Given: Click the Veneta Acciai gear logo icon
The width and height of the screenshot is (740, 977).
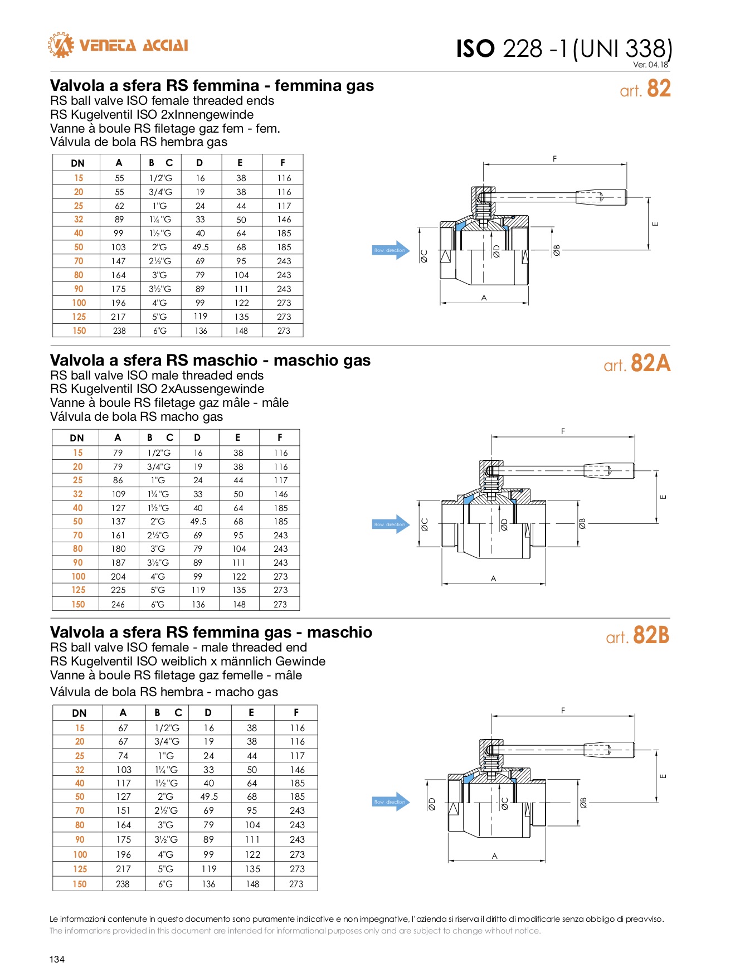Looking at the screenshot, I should pos(61,45).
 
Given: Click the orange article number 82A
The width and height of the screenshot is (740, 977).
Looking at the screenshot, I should pos(650,363).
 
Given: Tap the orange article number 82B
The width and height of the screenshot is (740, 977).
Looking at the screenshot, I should pos(651,636).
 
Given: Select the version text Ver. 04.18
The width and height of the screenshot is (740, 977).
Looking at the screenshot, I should pos(650,65).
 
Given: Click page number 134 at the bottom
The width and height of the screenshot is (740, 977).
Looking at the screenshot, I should pos(57,959).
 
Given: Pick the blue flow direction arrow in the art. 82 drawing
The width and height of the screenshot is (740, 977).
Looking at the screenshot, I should pos(391,250).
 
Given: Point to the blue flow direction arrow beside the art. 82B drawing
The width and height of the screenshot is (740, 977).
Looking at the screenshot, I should pos(391,802).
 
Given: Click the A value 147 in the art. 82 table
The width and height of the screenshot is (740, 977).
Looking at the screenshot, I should pos(119,261).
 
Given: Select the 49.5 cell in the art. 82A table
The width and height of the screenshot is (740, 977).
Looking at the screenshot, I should pos(198,522).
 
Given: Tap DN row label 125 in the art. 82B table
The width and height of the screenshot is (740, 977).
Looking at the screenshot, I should pos(80,869).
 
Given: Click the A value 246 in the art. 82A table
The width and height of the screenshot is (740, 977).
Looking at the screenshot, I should pos(118,604).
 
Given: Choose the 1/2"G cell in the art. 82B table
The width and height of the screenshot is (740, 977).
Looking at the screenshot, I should pos(167,728).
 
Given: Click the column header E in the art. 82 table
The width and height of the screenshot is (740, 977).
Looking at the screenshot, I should pos(240,163).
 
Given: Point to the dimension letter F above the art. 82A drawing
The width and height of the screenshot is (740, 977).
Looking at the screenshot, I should pos(563,431).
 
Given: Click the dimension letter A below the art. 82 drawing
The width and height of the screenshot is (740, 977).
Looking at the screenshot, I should pos(484,298).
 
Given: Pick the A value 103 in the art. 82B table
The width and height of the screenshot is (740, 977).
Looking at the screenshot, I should pos(124,770).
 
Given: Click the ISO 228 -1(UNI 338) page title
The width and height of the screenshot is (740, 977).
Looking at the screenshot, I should pos(564,48).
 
